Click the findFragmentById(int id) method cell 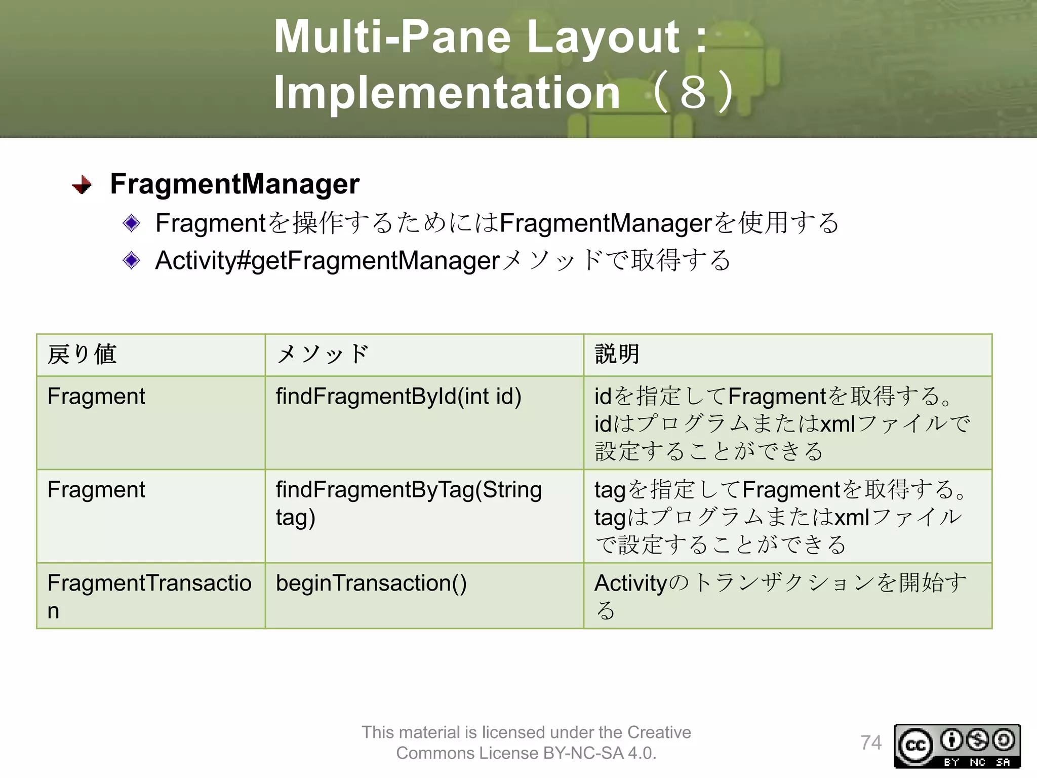click(398, 397)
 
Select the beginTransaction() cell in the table click(371, 583)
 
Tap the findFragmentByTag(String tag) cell click(409, 503)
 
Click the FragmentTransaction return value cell click(149, 596)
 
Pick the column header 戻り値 click(82, 354)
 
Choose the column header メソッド click(323, 354)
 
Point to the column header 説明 click(617, 354)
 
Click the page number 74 click(871, 743)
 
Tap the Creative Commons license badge click(957, 746)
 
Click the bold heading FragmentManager click(234, 183)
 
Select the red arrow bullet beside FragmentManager click(82, 185)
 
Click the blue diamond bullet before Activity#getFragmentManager click(132, 260)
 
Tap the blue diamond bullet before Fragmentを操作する click(132, 223)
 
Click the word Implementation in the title click(447, 92)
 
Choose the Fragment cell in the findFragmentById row click(96, 397)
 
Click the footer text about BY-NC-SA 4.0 click(526, 743)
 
